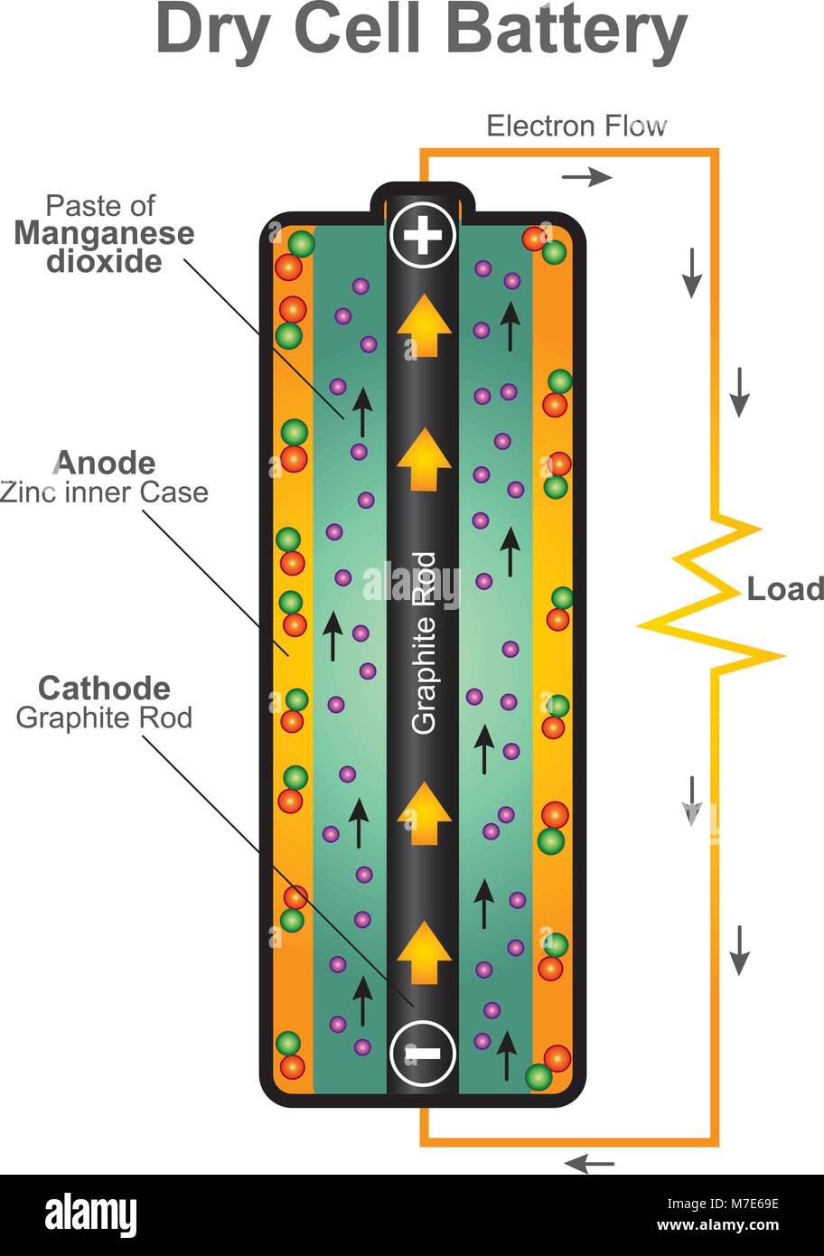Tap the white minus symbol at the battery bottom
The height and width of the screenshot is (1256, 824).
[423, 1053]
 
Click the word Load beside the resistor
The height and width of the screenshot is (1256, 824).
[784, 589]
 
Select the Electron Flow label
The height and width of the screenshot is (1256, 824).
[576, 126]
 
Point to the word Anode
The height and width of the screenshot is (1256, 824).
[105, 464]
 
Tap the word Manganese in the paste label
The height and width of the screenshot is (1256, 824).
[104, 233]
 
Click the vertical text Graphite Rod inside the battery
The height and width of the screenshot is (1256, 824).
[424, 642]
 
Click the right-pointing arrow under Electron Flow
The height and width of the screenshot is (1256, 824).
[587, 177]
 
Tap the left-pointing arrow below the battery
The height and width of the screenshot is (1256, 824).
[589, 1164]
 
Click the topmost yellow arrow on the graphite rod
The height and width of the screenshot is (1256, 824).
[424, 327]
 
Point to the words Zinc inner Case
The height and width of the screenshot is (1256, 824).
[104, 492]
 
